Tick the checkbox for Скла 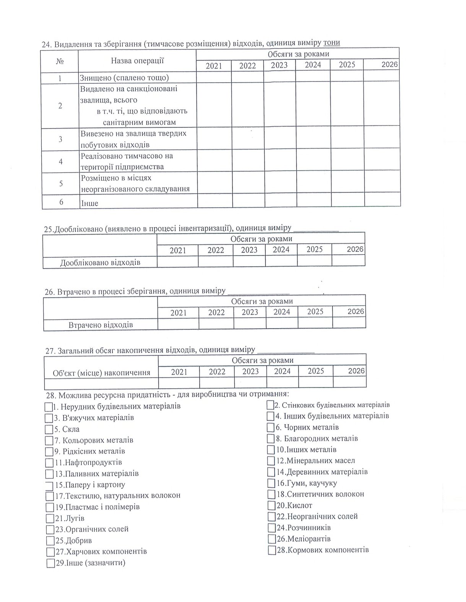tap(49, 429)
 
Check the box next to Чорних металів tap(271, 427)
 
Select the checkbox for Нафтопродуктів tap(49, 463)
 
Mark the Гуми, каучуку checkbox tap(271, 483)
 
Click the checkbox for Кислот tap(271, 505)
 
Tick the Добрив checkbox tap(50, 541)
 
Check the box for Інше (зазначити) tap(50, 563)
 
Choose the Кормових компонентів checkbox tap(272, 550)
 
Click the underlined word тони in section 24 tap(331, 43)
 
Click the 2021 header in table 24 tap(214, 66)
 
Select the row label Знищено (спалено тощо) tap(125, 78)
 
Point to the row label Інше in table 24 tap(89, 203)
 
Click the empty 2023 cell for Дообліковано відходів tap(249, 262)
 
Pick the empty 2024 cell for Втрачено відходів tap(282, 324)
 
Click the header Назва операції tap(137, 60)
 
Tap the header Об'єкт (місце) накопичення tap(102, 373)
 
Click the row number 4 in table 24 tap(60, 161)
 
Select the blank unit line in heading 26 tap(258, 292)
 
